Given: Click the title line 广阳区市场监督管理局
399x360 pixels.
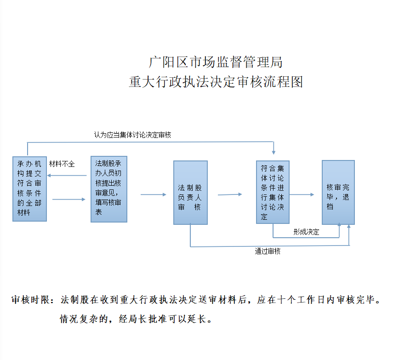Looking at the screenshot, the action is tap(216, 62).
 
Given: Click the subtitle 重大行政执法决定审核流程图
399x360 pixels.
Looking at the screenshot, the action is tap(216, 82).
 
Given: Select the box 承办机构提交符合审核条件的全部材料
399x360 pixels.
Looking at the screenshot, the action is tap(29, 189).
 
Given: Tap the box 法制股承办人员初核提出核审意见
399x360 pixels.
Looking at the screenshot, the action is tap(109, 189).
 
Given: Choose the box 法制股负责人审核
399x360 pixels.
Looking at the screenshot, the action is tap(190, 193).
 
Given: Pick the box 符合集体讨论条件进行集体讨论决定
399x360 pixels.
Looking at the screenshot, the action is tap(273, 192).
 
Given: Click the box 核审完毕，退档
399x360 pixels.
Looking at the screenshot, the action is tap(338, 193).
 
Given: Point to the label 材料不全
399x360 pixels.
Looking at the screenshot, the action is tap(62, 164).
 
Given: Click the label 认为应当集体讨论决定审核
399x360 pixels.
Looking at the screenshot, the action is tap(132, 135).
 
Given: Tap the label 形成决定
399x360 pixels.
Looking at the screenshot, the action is tap(306, 232).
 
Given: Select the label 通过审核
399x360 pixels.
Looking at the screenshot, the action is tap(268, 251).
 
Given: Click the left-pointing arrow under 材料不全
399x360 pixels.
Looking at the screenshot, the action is tap(67, 176).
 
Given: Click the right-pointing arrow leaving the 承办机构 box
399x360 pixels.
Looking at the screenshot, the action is tap(68, 200).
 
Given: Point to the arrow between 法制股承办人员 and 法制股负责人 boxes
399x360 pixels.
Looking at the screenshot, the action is tap(154, 194).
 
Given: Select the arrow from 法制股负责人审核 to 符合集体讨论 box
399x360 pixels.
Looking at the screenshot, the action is tap(230, 194).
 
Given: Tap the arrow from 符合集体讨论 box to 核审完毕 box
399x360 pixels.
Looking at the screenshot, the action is tap(302, 194).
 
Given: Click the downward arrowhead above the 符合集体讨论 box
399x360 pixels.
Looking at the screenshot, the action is tap(274, 152).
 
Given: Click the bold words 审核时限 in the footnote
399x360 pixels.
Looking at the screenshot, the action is tap(30, 300).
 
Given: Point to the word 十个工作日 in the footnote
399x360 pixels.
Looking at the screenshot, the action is tap(301, 300).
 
